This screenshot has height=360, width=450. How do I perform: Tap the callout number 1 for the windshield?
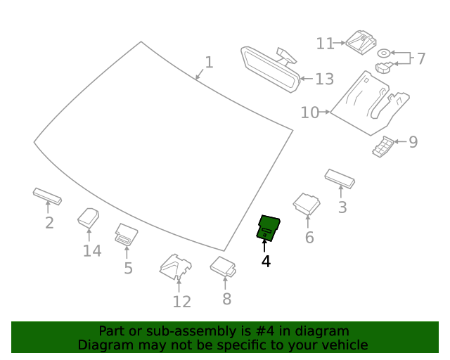point(208,63)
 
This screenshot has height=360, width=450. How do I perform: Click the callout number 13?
point(324,79)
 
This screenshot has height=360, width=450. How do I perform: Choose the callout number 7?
point(420,59)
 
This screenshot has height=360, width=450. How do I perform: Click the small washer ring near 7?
point(384,53)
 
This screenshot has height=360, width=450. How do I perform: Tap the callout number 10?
point(309,112)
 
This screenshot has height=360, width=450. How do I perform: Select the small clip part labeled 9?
point(383,147)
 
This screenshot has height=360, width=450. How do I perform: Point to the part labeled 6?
point(306,203)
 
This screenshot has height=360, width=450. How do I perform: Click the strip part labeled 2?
point(47,195)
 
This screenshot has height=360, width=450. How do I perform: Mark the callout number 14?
point(92,251)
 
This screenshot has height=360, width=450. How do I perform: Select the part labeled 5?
point(126,234)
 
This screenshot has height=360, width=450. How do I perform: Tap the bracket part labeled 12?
point(176,267)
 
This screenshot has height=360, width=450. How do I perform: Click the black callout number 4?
point(266,262)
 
